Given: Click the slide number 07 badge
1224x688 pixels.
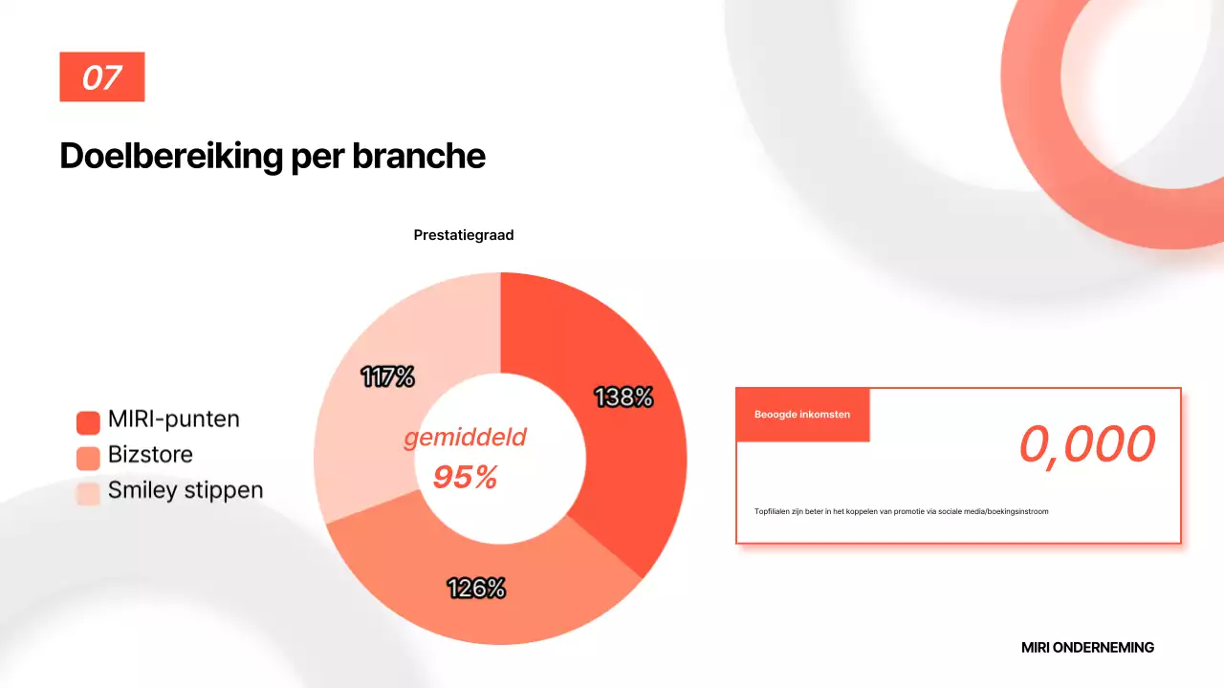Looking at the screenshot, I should pyautogui.click(x=101, y=76).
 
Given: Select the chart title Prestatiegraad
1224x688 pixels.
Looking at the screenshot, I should pyautogui.click(x=464, y=235).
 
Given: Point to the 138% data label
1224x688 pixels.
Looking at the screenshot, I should pyautogui.click(x=623, y=397).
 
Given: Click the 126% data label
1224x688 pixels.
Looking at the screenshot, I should pyautogui.click(x=476, y=589).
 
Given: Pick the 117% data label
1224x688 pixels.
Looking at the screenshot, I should pyautogui.click(x=388, y=377).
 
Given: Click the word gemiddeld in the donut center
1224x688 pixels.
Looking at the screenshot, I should pyautogui.click(x=465, y=438).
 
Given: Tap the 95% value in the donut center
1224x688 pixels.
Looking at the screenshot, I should pyautogui.click(x=465, y=477).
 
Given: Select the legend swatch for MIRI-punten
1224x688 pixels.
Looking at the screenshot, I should pyautogui.click(x=88, y=422).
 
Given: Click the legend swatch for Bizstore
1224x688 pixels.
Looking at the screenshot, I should pyautogui.click(x=88, y=458).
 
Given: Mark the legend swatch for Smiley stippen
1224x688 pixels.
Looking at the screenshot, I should pyautogui.click(x=88, y=493).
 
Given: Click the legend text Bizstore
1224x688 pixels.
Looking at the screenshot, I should pyautogui.click(x=150, y=455).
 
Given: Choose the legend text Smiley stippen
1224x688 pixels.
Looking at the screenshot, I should pyautogui.click(x=186, y=490).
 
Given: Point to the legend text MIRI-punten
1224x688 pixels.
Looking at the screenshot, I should pyautogui.click(x=174, y=419).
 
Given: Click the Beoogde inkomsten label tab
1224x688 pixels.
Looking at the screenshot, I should pyautogui.click(x=802, y=415).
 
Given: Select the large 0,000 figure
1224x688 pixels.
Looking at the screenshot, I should pyautogui.click(x=1087, y=444).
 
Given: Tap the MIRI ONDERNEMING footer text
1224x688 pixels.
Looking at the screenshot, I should pyautogui.click(x=1087, y=647).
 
